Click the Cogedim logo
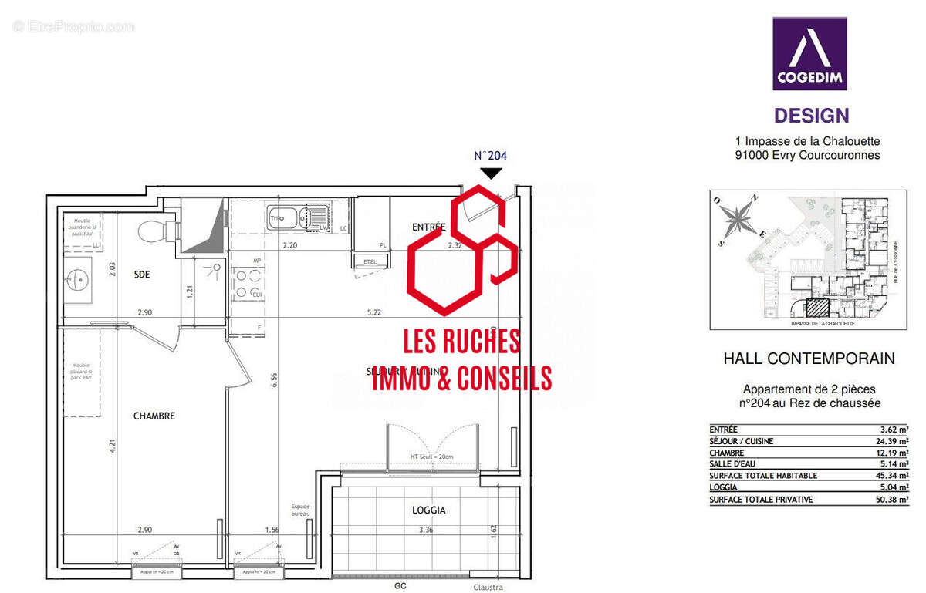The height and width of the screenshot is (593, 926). (x=809, y=53)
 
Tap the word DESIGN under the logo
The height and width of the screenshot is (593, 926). (x=811, y=116)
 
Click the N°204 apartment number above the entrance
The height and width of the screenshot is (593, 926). (x=490, y=155)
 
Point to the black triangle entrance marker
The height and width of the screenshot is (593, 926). (x=490, y=174)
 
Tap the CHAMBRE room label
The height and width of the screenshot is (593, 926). (x=154, y=416)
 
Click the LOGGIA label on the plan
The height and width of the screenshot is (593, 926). (x=429, y=510)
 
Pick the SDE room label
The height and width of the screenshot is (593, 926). (x=143, y=275)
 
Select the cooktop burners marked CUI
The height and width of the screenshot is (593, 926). (x=246, y=283)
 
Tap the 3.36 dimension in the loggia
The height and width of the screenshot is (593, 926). (x=427, y=530)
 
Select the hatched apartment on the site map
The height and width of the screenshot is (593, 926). (x=816, y=309)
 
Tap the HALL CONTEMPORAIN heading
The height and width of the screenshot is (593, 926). (x=809, y=359)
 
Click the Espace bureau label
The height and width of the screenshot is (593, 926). (x=301, y=509)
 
